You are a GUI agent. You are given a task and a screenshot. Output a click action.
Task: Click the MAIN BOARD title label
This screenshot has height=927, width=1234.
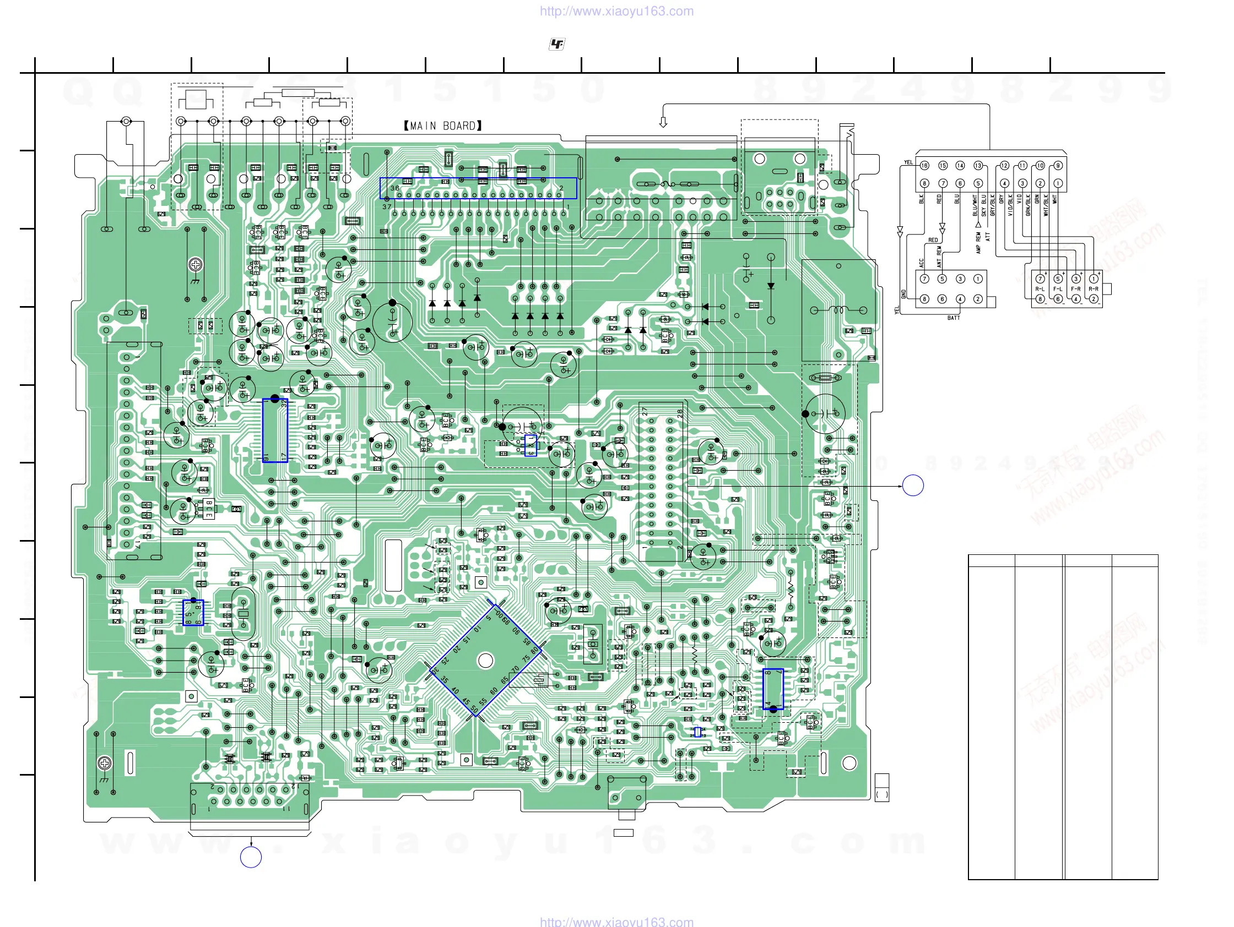442,126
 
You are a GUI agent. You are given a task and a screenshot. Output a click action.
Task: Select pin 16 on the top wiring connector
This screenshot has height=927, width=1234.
924,166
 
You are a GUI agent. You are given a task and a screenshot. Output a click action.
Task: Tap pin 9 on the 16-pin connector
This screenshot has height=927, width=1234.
1058,166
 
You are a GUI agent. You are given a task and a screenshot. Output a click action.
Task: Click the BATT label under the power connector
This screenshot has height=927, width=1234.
954,318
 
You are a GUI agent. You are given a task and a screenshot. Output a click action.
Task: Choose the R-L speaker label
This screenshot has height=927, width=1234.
1040,289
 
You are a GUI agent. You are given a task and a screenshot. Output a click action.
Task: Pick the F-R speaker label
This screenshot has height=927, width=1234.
1075,289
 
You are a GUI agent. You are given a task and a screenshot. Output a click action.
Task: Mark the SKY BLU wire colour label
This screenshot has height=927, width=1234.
983,205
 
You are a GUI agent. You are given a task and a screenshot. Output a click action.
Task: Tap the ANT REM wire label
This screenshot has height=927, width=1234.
939,257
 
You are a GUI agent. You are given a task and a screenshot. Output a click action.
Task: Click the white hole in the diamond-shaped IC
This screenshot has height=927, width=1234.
486,661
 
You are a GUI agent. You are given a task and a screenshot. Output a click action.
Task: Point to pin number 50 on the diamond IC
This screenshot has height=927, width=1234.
474,709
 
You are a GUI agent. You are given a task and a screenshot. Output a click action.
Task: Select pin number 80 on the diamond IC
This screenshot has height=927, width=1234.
534,651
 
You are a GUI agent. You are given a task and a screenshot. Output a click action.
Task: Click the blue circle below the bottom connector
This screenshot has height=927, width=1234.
251,857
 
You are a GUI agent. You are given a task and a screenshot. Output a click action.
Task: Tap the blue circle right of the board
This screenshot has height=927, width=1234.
913,486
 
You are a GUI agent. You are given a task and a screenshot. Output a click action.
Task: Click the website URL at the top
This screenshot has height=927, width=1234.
616,11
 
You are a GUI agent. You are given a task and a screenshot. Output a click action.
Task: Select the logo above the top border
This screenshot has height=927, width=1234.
557,44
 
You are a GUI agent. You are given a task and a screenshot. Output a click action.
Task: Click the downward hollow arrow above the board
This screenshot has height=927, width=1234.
663,122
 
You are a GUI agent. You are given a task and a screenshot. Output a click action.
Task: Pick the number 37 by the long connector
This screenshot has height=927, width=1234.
387,207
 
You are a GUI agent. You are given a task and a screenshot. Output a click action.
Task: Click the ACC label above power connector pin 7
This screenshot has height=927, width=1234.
921,262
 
